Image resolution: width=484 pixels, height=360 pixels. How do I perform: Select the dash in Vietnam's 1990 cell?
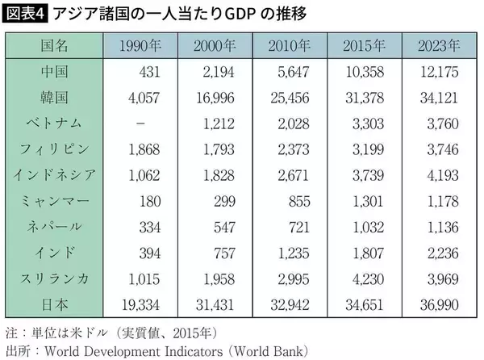tap(141, 124)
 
